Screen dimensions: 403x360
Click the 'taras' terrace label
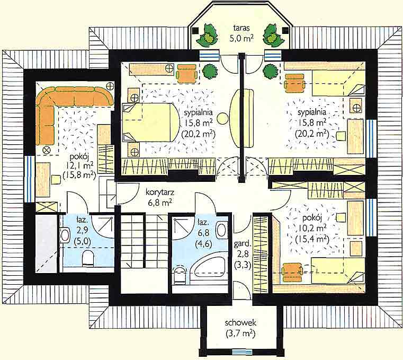pos(241,28)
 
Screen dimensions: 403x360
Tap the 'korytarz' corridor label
pos(160,192)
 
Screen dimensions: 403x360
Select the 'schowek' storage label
pos(240,323)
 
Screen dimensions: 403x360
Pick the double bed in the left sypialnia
pos(150,122)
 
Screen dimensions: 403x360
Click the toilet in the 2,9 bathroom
pos(88,258)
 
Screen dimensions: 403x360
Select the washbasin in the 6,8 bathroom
pos(221,230)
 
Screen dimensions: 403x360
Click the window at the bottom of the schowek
pos(241,352)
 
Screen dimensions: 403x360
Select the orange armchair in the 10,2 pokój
pos(292,272)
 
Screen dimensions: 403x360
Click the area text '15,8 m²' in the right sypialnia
pos(312,123)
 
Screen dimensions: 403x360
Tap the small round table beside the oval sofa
pos(222,119)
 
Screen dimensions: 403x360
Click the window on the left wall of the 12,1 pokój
pos(30,179)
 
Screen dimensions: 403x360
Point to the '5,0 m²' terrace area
pos(241,38)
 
